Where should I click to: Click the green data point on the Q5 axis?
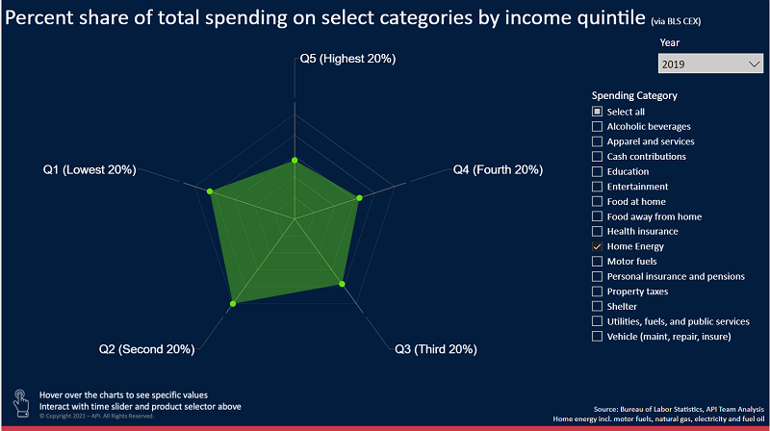click(x=294, y=161)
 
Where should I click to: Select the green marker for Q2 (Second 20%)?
click(x=233, y=304)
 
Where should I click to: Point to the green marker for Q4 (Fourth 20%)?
click(x=359, y=199)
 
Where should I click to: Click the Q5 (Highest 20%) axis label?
click(x=347, y=60)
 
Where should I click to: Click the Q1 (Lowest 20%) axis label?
click(x=90, y=170)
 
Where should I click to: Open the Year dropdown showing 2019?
click(x=711, y=64)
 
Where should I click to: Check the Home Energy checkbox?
click(x=598, y=246)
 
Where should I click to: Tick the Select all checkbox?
click(x=598, y=112)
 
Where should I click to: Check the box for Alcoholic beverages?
click(x=598, y=126)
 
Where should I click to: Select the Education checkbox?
click(x=598, y=171)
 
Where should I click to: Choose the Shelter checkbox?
click(x=598, y=306)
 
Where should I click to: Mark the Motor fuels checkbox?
click(x=598, y=262)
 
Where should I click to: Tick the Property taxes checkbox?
click(x=598, y=292)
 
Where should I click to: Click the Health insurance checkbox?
click(x=598, y=231)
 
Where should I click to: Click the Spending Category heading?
click(x=634, y=95)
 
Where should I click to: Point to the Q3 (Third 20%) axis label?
click(x=436, y=348)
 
